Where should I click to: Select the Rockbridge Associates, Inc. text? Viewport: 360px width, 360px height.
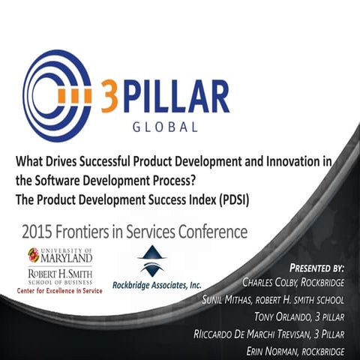point(157,286)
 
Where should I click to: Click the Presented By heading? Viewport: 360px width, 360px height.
point(316,268)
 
